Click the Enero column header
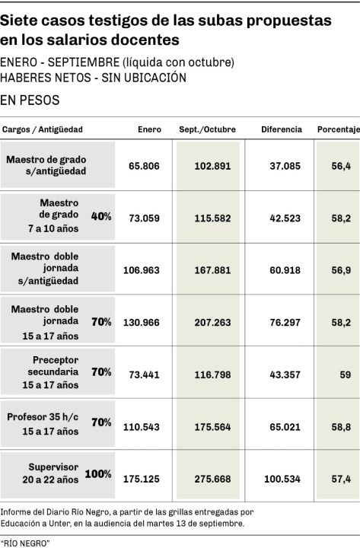tap(149, 129)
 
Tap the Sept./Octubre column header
tap(207, 129)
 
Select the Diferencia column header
tap(282, 129)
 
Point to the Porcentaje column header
tap(339, 129)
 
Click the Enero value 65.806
tap(144, 166)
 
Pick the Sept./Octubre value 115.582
tap(212, 218)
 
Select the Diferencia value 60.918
tap(285, 270)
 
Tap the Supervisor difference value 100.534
tap(282, 479)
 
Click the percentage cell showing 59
tap(346, 374)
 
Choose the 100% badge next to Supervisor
tap(98, 474)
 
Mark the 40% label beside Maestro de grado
tap(101, 216)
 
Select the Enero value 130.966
tap(142, 322)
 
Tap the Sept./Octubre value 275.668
tap(212, 479)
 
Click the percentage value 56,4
tap(341, 166)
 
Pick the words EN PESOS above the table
tap(30, 100)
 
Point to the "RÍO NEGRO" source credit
tap(25, 543)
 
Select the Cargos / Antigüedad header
tap(43, 129)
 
